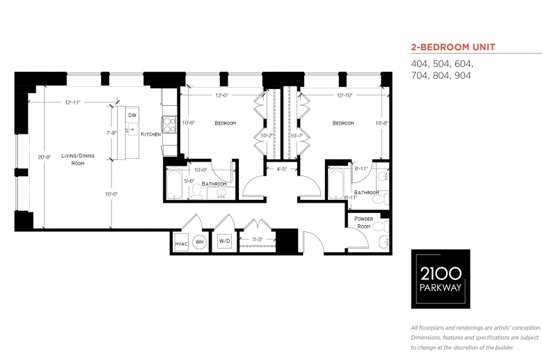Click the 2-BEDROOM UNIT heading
[x=453, y=47]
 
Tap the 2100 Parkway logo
[x=441, y=279]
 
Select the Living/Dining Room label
[x=78, y=159]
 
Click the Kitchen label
[x=151, y=134]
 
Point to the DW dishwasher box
[x=132, y=115]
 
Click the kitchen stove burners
[x=170, y=125]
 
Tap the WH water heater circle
[x=200, y=242]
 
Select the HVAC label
[x=181, y=244]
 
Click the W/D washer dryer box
[x=224, y=241]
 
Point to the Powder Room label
[x=363, y=222]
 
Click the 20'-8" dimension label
[x=45, y=157]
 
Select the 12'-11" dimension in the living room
[x=72, y=102]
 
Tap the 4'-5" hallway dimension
[x=281, y=169]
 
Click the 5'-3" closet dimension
[x=258, y=239]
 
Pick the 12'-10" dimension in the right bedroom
[x=345, y=95]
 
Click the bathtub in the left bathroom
[x=174, y=183]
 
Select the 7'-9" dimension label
[x=111, y=133]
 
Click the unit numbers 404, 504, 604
[x=442, y=64]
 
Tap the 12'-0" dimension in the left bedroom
[x=221, y=95]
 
